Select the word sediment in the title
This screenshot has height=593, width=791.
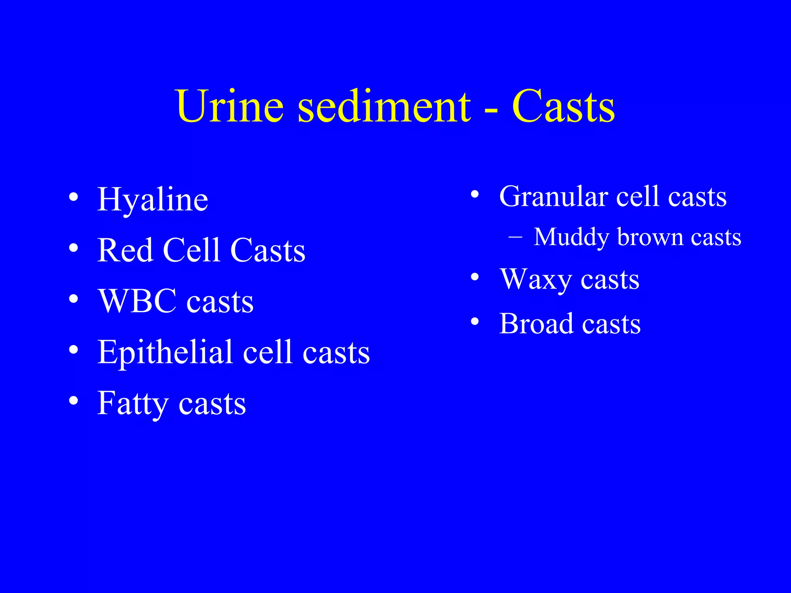[384, 106]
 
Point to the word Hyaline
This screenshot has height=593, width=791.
[153, 200]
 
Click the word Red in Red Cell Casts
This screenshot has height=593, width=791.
[125, 250]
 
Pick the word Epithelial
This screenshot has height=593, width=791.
[165, 352]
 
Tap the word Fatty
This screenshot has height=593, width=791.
[133, 404]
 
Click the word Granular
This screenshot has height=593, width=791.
[553, 197]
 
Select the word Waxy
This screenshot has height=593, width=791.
[535, 280]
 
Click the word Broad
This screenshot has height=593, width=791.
[536, 324]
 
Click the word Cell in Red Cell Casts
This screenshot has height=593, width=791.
[192, 250]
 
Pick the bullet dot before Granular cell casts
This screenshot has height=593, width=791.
[475, 194]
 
